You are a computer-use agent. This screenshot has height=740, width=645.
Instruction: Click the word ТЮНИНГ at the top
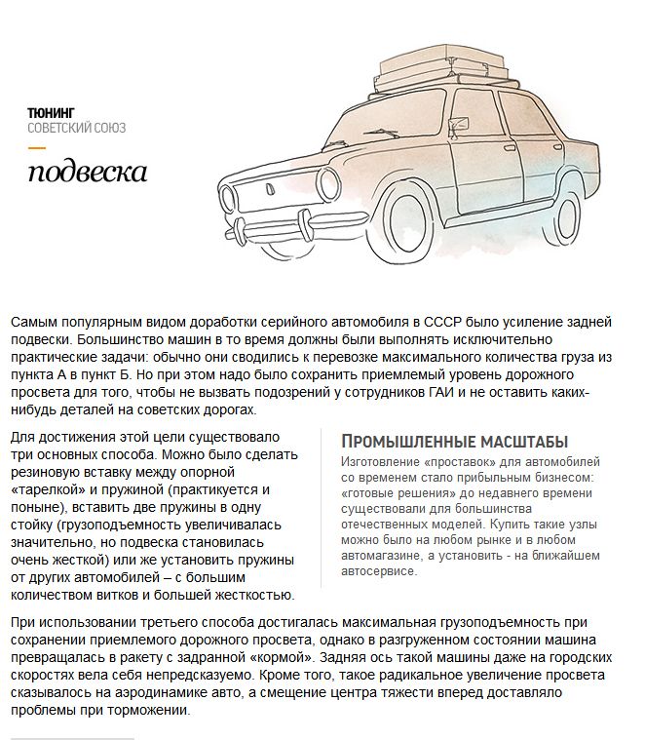click(x=52, y=112)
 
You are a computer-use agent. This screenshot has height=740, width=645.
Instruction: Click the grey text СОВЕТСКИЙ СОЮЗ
click(x=77, y=128)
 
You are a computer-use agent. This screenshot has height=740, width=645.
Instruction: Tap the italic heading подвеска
click(x=88, y=174)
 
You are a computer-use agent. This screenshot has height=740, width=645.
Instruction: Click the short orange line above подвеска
click(x=37, y=148)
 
